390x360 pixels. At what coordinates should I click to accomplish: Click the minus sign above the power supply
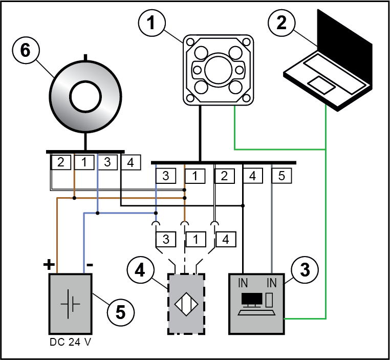(x=89, y=266)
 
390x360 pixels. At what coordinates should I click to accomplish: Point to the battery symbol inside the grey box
(x=70, y=303)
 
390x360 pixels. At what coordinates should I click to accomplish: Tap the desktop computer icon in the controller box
(x=255, y=303)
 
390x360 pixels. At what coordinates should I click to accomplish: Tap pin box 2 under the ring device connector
(x=60, y=162)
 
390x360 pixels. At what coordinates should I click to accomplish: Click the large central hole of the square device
(x=219, y=68)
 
